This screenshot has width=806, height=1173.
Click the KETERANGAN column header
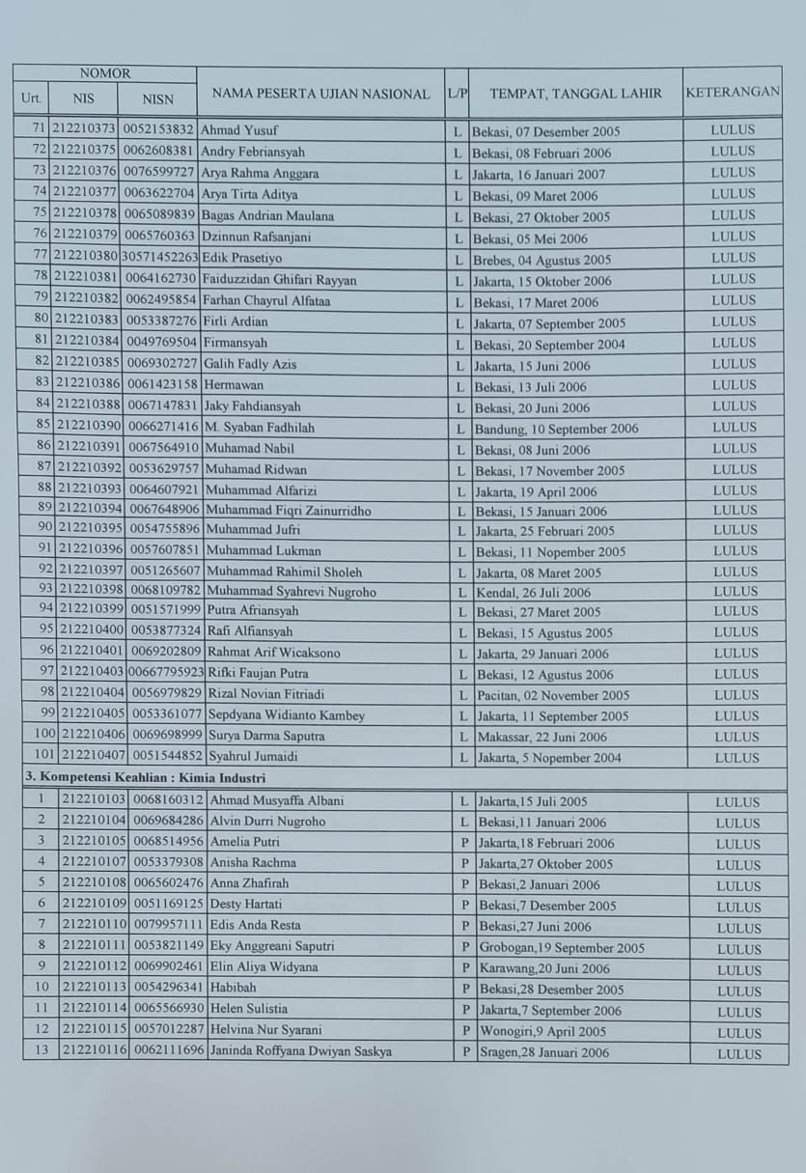coord(733,93)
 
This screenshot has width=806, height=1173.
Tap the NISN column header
coord(157,98)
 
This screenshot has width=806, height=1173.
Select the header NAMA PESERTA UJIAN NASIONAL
coord(320,94)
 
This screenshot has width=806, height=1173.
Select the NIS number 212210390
coord(89,427)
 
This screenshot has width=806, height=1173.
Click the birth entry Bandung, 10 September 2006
coord(556,428)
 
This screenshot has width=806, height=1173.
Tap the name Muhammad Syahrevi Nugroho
coord(291,592)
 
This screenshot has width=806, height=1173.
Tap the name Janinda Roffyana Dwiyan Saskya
coord(300,1051)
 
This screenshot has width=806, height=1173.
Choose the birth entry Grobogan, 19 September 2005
coord(562,947)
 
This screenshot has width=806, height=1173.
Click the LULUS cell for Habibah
coord(738,991)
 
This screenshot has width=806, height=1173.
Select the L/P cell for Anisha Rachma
coord(464,864)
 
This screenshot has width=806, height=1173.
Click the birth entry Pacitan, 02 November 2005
coord(552,695)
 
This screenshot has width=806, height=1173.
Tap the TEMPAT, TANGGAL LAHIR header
coord(575,94)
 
